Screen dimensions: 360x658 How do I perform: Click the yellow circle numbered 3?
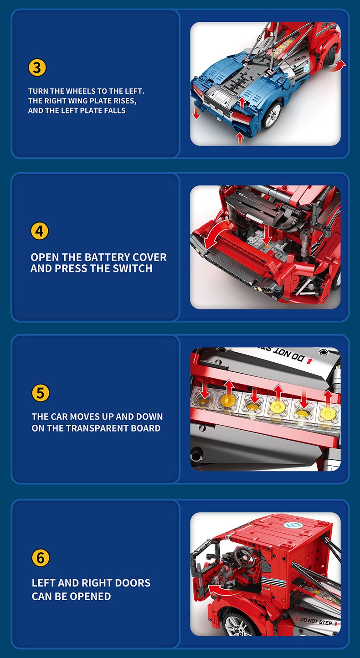[37, 67]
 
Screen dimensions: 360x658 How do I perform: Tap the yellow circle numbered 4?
[40, 231]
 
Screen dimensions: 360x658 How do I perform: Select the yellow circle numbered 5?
[41, 393]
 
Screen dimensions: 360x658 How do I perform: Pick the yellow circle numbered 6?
[41, 558]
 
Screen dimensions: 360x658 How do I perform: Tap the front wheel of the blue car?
[272, 115]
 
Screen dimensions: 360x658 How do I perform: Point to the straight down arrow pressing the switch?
[267, 235]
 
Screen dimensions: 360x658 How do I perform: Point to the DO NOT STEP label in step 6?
[316, 622]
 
